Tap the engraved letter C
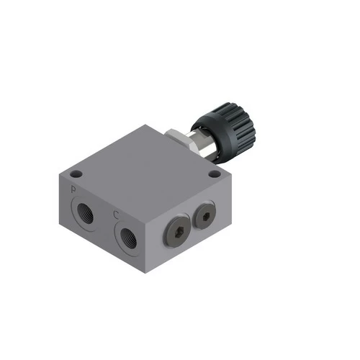click(115, 215)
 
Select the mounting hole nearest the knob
click(213, 175)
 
